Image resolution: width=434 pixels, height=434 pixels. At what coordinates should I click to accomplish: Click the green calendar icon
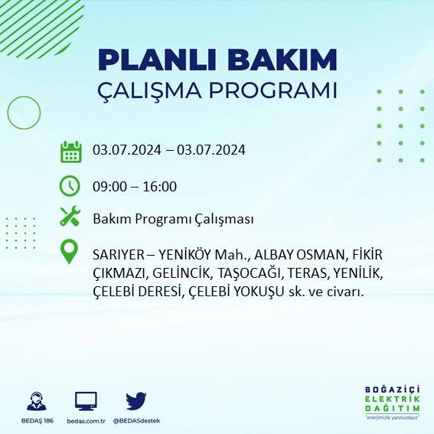[70, 151]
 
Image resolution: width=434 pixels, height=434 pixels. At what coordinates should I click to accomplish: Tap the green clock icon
[70, 186]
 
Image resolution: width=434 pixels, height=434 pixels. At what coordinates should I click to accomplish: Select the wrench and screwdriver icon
[70, 217]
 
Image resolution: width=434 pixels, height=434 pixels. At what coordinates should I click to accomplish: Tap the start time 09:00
[108, 186]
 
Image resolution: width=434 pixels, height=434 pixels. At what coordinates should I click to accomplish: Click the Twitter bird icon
[136, 400]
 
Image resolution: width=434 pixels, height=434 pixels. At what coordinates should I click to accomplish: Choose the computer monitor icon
[86, 400]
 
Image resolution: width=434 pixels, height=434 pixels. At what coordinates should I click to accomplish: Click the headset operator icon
[36, 400]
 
